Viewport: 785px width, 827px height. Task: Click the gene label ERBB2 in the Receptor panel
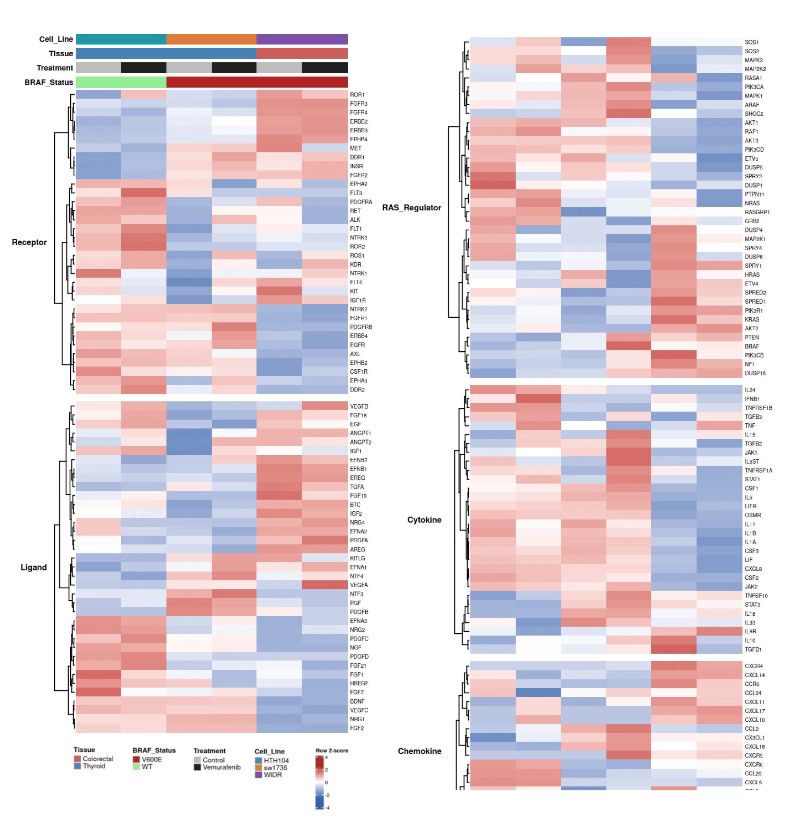click(x=358, y=121)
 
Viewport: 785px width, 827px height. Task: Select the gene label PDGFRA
click(x=361, y=202)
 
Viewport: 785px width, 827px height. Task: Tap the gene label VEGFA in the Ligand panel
click(x=358, y=585)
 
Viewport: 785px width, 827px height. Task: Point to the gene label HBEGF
click(x=359, y=683)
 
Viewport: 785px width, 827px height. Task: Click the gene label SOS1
click(x=752, y=42)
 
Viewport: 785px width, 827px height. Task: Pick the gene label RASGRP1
click(x=757, y=212)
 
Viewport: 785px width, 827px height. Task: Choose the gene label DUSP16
click(x=755, y=373)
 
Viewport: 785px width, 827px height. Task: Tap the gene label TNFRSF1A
click(x=758, y=470)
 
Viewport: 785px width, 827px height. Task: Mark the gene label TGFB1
click(x=753, y=649)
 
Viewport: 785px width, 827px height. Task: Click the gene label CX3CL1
click(x=755, y=737)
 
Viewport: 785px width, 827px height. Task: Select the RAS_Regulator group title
click(x=411, y=208)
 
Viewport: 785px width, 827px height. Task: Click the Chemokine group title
click(x=419, y=751)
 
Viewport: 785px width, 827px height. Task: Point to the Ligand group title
click(x=33, y=567)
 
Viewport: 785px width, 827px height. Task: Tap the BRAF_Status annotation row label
click(x=48, y=82)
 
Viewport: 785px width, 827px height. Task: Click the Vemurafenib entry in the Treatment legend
click(x=221, y=767)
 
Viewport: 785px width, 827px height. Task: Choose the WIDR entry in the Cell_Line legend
click(x=272, y=775)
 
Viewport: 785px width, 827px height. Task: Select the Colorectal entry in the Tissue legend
click(x=97, y=759)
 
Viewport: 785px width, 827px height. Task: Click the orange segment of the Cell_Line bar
click(x=211, y=39)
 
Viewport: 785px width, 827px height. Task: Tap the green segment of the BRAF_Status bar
click(x=121, y=82)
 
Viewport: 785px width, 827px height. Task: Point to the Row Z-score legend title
click(x=332, y=750)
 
